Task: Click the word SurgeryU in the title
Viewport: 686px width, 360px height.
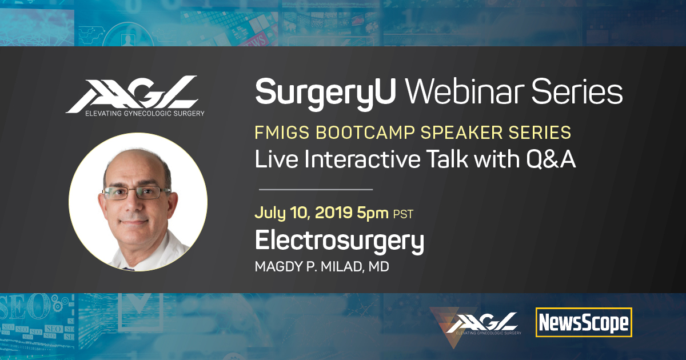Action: pyautogui.click(x=326, y=93)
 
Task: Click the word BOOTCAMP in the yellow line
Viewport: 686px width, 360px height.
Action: pyautogui.click(x=365, y=132)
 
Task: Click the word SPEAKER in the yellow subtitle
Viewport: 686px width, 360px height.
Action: pyautogui.click(x=461, y=132)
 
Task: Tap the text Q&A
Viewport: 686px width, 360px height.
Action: pyautogui.click(x=551, y=159)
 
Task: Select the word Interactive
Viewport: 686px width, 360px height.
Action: pyautogui.click(x=362, y=159)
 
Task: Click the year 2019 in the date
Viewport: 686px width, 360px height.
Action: pyautogui.click(x=333, y=212)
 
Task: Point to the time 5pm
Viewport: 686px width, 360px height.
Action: pyautogui.click(x=373, y=213)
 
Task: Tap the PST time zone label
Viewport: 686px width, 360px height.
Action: pyautogui.click(x=404, y=214)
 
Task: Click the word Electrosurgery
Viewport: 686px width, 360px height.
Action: pyautogui.click(x=340, y=242)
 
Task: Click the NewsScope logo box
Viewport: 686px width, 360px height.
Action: pyautogui.click(x=584, y=322)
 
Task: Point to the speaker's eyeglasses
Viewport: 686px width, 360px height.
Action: pyautogui.click(x=136, y=193)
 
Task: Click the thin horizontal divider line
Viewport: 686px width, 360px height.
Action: pyautogui.click(x=316, y=190)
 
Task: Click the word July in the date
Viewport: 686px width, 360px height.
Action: pyautogui.click(x=270, y=213)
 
